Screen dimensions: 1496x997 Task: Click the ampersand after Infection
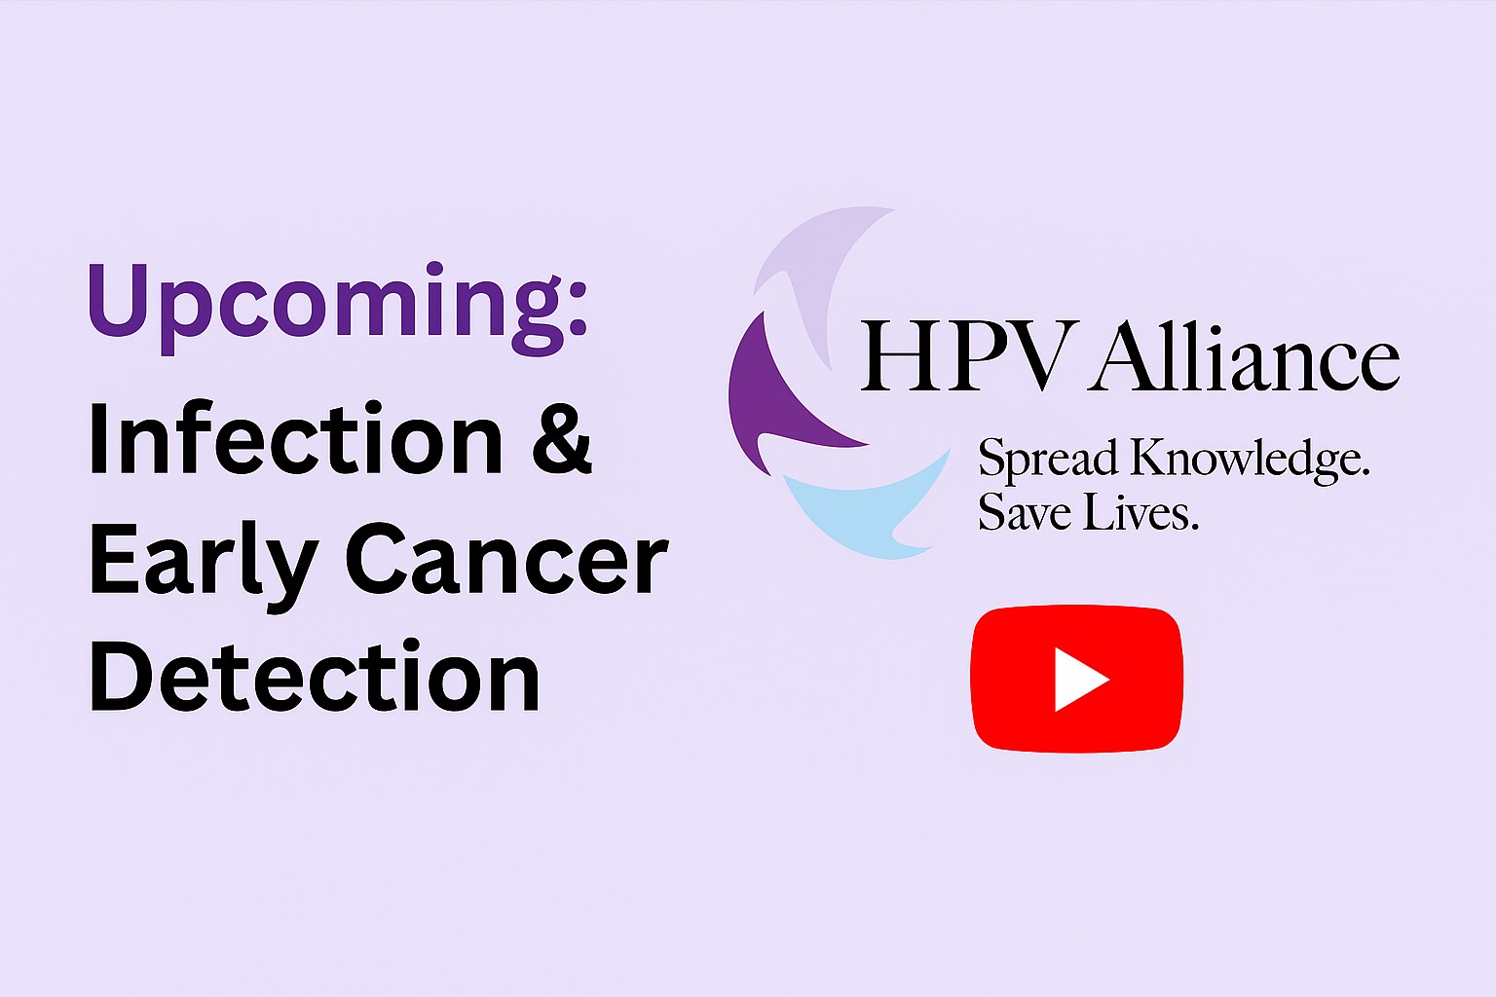pyautogui.click(x=562, y=439)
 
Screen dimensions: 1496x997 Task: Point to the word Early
pyautogui.click(x=204, y=567)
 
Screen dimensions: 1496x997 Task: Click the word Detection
pyautogui.click(x=314, y=676)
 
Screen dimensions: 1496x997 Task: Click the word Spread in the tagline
pyautogui.click(x=1048, y=460)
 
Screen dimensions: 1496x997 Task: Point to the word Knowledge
pyautogui.click(x=1250, y=460)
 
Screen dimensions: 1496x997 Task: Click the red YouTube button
pyautogui.click(x=1076, y=680)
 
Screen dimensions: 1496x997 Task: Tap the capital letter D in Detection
pyautogui.click(x=120, y=676)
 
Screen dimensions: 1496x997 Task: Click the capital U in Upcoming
pyautogui.click(x=118, y=301)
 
